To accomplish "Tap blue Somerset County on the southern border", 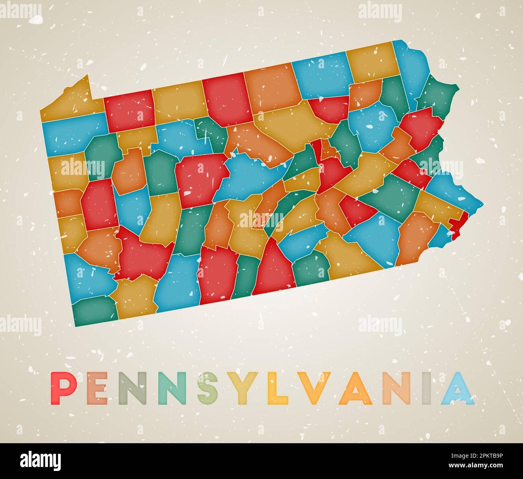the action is (177, 284).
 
